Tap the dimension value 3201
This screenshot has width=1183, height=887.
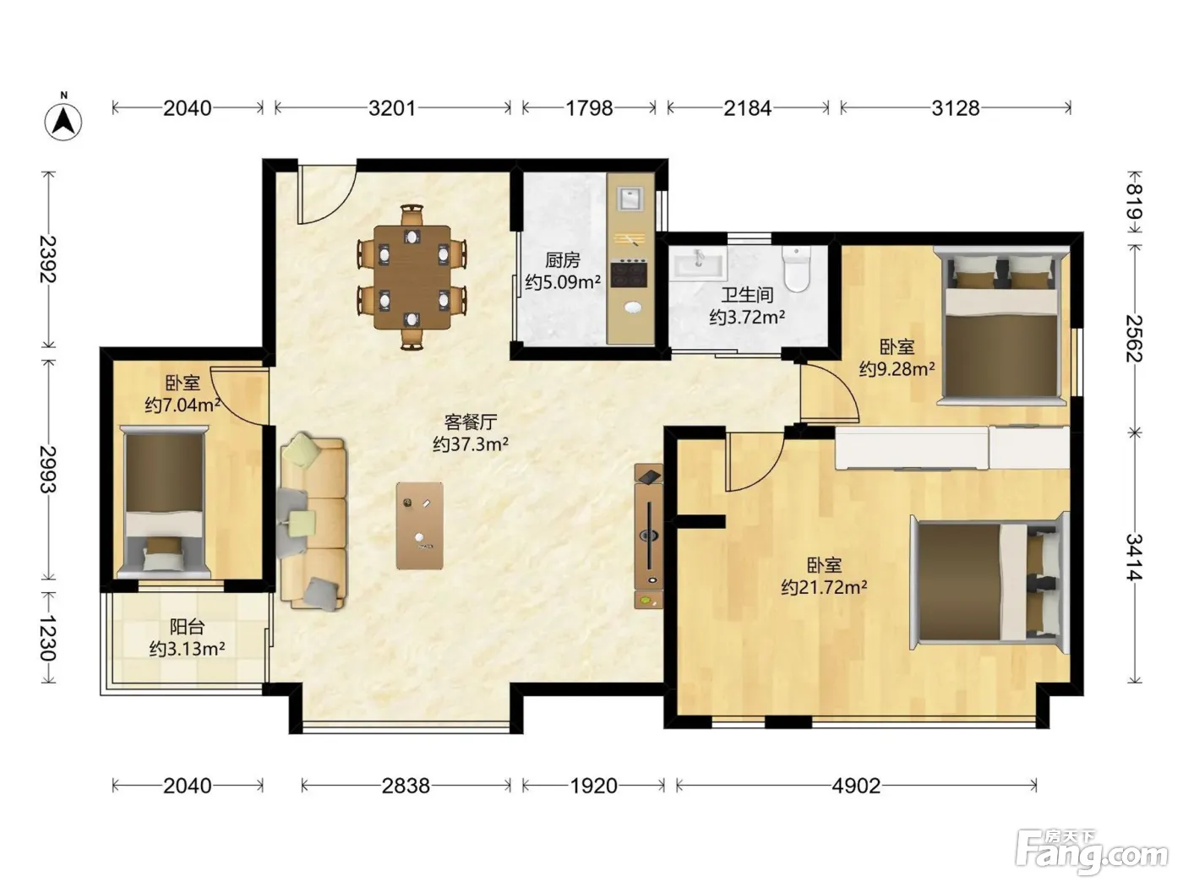[x=392, y=108]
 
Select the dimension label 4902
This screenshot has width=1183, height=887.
[x=856, y=786]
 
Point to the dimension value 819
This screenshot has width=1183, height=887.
[x=1135, y=201]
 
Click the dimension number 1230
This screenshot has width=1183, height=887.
[x=48, y=638]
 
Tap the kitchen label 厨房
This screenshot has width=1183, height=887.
[x=562, y=261]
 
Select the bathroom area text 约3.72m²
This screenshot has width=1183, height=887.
[x=747, y=318]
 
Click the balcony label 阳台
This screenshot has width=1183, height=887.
[x=187, y=627]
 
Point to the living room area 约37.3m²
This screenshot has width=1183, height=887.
[x=471, y=444]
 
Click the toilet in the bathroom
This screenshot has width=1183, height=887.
[x=797, y=269]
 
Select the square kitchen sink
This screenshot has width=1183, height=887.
[x=630, y=199]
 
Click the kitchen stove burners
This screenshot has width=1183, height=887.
[x=629, y=274]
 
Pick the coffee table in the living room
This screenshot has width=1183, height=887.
[x=420, y=525]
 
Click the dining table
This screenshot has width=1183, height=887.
[x=412, y=277]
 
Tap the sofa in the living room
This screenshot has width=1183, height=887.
[x=313, y=521]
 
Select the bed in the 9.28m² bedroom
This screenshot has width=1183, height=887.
[x=1002, y=325]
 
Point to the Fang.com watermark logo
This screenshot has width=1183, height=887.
[x=1092, y=852]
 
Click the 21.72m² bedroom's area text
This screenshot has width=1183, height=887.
[x=824, y=587]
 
